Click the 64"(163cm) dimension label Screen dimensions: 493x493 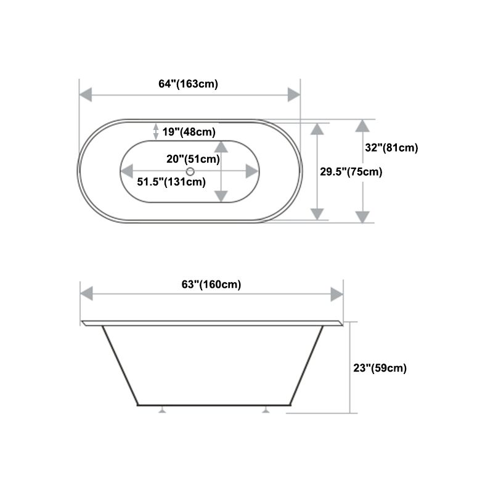click(x=188, y=84)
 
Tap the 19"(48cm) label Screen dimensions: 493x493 click(x=189, y=131)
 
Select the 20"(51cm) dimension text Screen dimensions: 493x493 click(x=193, y=159)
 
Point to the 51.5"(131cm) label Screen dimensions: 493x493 click(x=171, y=181)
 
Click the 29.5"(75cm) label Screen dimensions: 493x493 click(x=351, y=172)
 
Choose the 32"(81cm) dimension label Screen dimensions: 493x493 click(x=391, y=147)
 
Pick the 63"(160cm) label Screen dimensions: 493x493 click(x=211, y=284)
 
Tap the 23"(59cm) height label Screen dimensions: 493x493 click(x=380, y=368)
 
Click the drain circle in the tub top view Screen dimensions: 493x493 click(x=190, y=171)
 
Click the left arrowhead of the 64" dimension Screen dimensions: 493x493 click(x=86, y=94)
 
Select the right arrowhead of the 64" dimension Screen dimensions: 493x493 click(x=294, y=94)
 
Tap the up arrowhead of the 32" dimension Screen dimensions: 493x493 click(x=363, y=126)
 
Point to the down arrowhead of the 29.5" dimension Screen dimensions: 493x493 click(x=317, y=214)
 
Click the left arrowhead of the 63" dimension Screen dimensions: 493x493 click(x=87, y=294)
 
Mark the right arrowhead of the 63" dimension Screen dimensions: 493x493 click(x=336, y=294)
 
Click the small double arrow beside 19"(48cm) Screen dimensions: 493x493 click(x=155, y=131)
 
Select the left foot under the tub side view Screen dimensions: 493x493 click(x=163, y=409)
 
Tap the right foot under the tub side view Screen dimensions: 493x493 click(x=266, y=409)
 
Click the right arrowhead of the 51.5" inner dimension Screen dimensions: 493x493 click(x=252, y=171)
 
